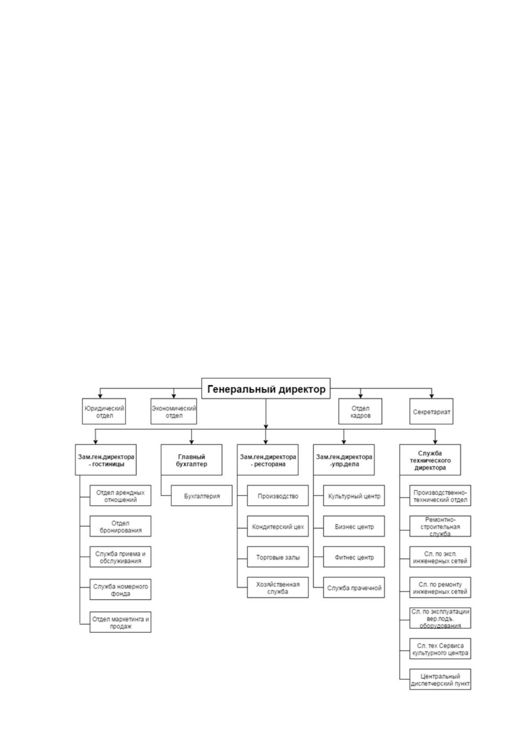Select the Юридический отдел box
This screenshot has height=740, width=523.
104,411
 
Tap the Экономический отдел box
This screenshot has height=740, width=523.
173,411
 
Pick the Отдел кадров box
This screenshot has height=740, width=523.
360,411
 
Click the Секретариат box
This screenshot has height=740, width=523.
431,411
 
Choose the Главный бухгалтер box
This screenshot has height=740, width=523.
191,460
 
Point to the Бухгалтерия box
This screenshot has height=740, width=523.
202,495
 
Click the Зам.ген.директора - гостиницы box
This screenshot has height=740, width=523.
106,460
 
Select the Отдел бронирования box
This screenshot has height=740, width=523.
120,526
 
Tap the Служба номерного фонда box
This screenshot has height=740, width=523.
120,589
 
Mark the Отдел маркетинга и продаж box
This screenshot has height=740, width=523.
120,622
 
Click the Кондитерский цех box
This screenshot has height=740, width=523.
278,526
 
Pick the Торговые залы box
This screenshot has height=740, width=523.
278,557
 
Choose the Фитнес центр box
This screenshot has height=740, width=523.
354,557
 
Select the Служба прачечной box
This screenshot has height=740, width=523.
354,588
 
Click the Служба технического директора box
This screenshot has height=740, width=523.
430,460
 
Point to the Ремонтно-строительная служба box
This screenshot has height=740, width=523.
440,526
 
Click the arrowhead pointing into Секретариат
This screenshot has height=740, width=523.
431,396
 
